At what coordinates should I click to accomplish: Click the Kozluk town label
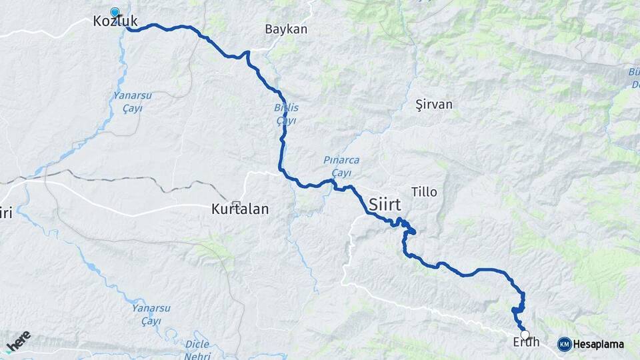pos(115,22)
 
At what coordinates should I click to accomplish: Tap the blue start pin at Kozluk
pos(115,12)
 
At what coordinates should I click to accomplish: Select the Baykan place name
pos(286,29)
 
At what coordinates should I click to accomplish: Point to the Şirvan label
pos(433,105)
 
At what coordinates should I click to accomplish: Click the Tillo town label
pos(425,192)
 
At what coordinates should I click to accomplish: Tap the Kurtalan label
pos(239,209)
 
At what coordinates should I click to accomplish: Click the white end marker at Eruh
pos(525,335)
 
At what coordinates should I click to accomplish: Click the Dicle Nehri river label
pos(196,348)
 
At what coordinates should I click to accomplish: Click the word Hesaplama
pos(598,345)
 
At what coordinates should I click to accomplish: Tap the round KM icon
pos(564,344)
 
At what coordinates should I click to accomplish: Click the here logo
pos(18,341)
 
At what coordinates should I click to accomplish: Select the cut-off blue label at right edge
pos(633,77)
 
